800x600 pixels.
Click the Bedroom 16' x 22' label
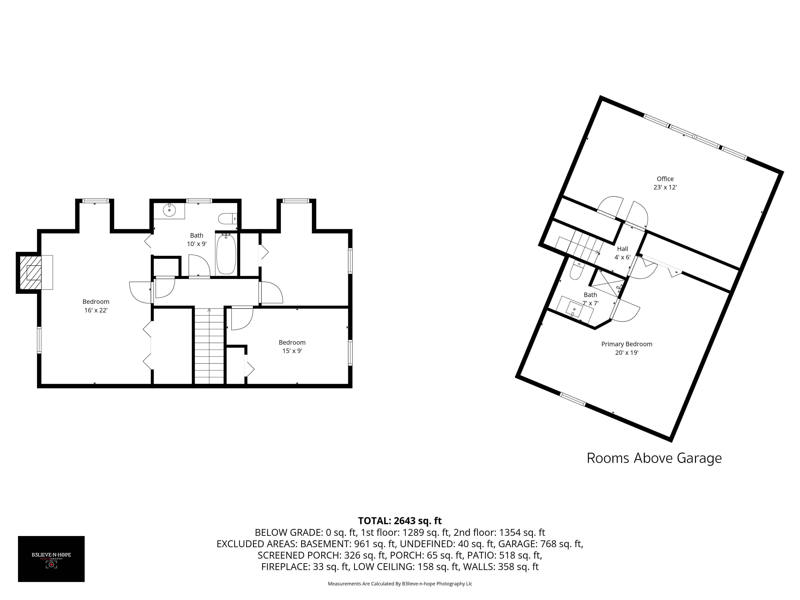click(x=96, y=306)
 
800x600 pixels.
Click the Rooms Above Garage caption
click(x=654, y=458)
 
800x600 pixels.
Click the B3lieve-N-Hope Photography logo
click(x=51, y=559)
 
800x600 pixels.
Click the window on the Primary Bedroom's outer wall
click(x=573, y=399)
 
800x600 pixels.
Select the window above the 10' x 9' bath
click(x=199, y=201)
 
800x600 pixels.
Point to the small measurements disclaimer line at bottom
click(x=400, y=583)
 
